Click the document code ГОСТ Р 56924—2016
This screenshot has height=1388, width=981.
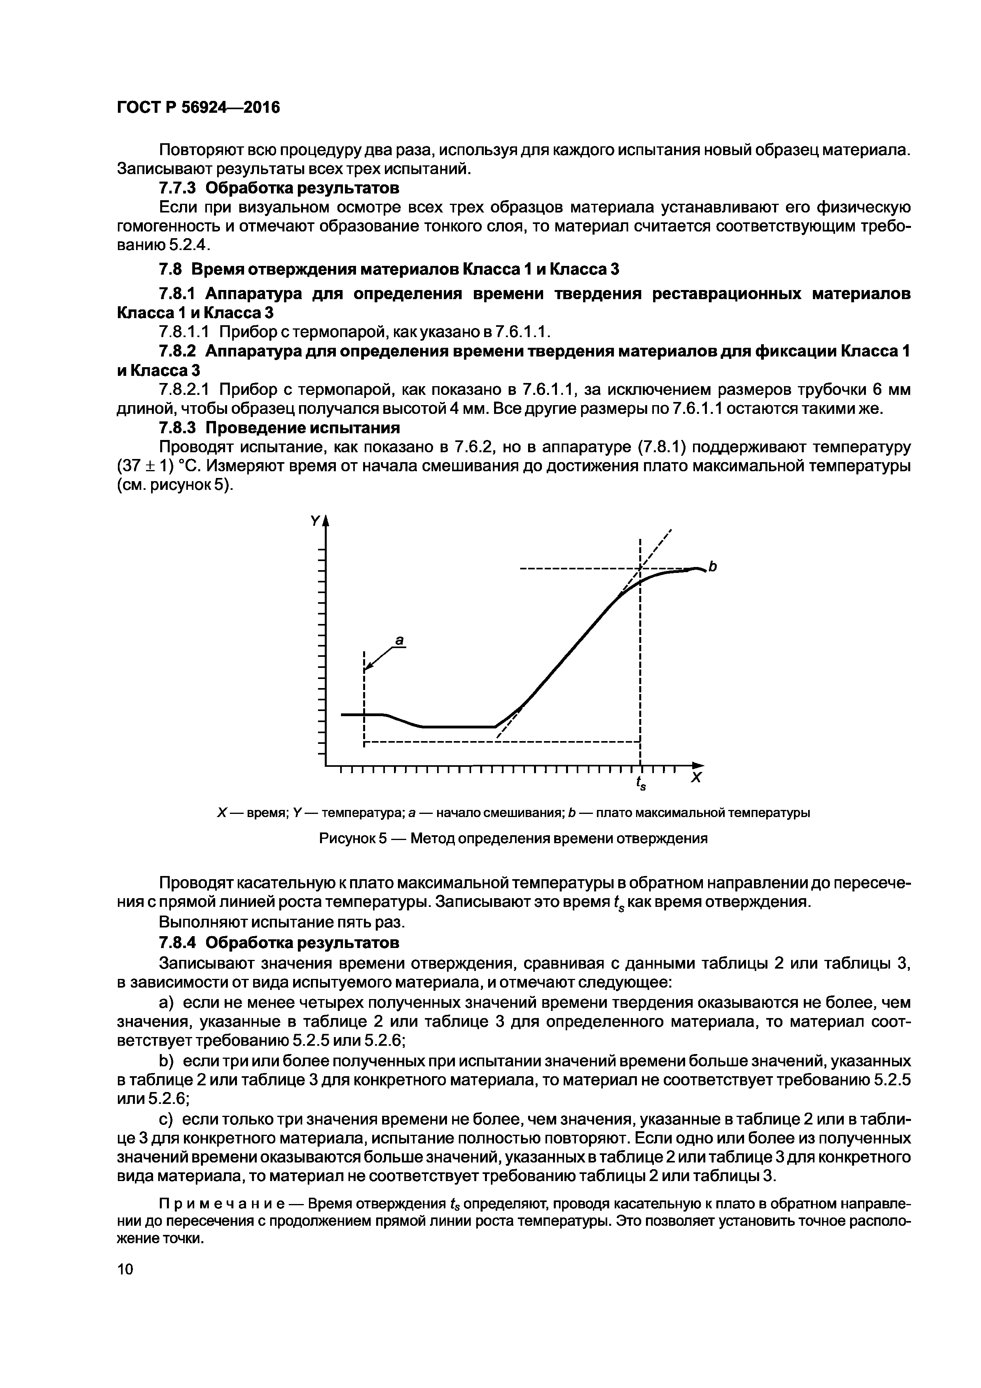(198, 108)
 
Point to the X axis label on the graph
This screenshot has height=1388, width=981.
(696, 777)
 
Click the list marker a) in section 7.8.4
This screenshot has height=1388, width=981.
(167, 1002)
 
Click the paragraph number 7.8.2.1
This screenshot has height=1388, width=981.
(185, 389)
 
